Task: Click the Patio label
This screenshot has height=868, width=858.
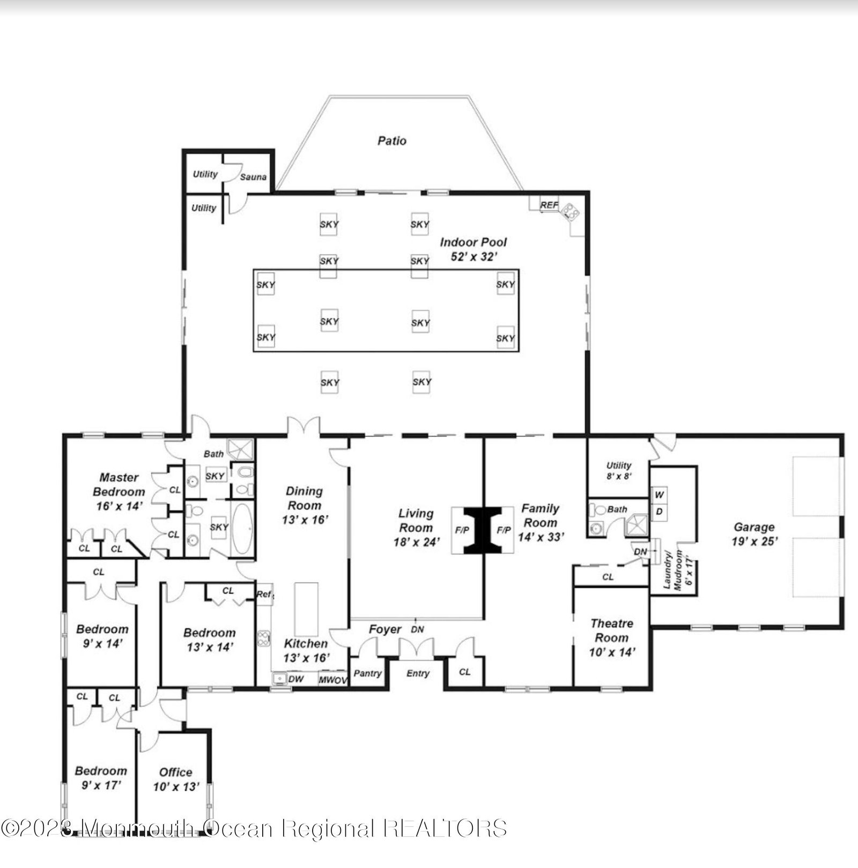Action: pyautogui.click(x=392, y=141)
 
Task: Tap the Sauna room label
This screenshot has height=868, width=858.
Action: pyautogui.click(x=253, y=177)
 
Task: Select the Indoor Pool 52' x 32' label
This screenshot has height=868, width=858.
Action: pyautogui.click(x=473, y=249)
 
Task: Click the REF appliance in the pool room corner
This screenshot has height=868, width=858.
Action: pyautogui.click(x=549, y=205)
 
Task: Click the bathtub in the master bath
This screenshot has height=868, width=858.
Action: pyautogui.click(x=242, y=529)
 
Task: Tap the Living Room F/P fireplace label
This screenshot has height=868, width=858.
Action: pyautogui.click(x=462, y=530)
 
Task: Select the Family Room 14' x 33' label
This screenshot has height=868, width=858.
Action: pyautogui.click(x=541, y=522)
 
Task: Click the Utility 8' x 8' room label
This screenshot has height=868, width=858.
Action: pyautogui.click(x=619, y=470)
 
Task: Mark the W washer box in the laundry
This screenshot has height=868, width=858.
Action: pyautogui.click(x=659, y=494)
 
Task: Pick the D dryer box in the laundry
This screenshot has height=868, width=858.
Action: pyautogui.click(x=659, y=511)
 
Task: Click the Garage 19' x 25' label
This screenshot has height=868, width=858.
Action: pyautogui.click(x=754, y=534)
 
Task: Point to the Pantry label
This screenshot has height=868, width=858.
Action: pyautogui.click(x=367, y=673)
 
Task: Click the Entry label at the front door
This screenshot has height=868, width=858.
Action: pyautogui.click(x=418, y=673)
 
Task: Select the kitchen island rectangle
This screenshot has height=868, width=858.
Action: pyautogui.click(x=306, y=610)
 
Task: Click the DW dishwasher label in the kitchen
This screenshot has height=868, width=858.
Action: pyautogui.click(x=296, y=679)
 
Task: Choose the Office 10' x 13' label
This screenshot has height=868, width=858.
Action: pyautogui.click(x=176, y=779)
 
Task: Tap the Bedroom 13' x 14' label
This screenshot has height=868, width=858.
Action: pyautogui.click(x=210, y=640)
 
